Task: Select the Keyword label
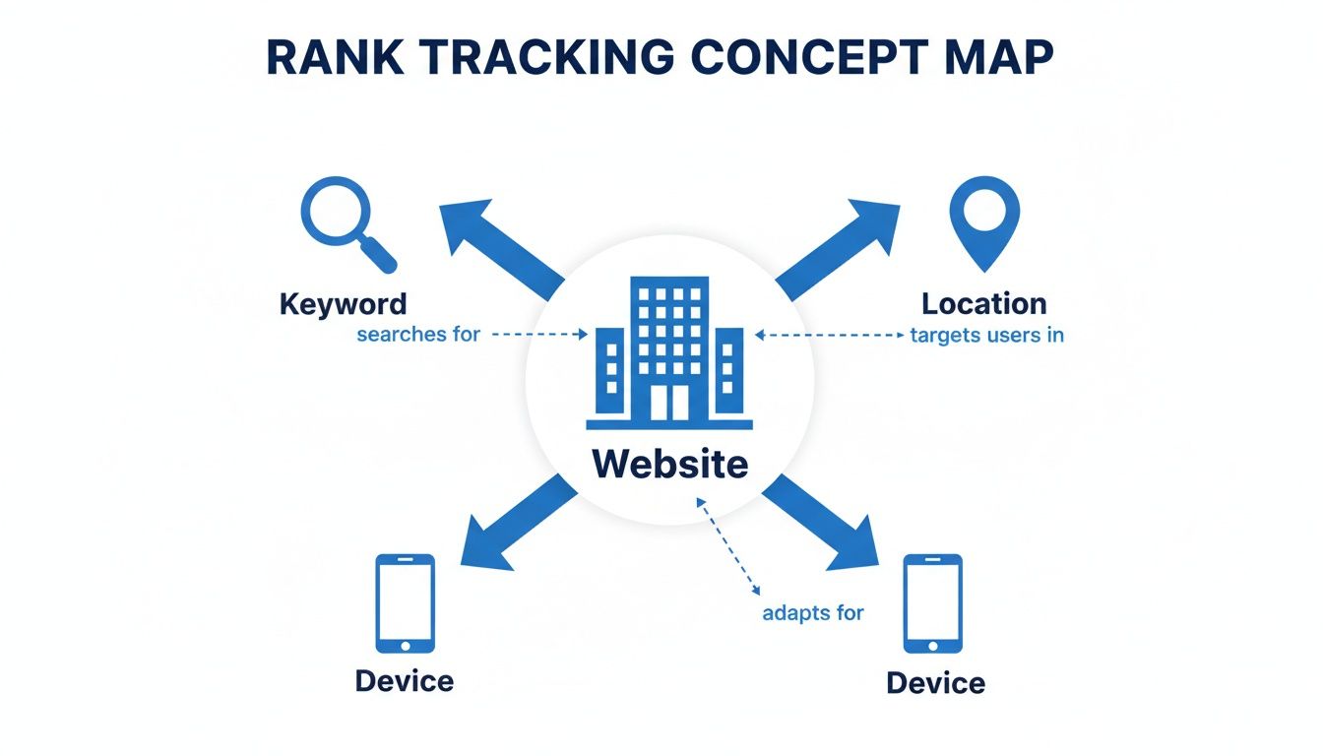click(343, 303)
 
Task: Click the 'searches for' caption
click(418, 335)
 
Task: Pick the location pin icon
click(983, 220)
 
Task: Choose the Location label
click(983, 303)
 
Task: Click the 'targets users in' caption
click(986, 335)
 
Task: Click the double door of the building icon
click(669, 401)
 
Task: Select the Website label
click(669, 464)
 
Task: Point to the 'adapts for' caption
click(812, 612)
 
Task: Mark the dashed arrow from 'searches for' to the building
click(538, 335)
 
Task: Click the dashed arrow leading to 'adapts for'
click(727, 546)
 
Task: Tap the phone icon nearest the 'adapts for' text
click(933, 603)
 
